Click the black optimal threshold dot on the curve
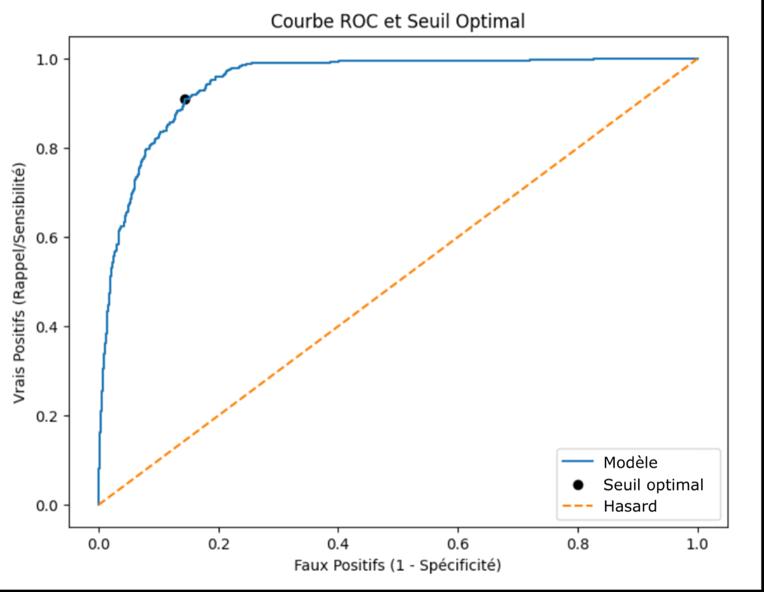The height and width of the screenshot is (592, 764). pos(185,99)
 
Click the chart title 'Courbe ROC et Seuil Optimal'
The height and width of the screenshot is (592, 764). pos(398,22)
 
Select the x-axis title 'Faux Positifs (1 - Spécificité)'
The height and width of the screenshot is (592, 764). pos(398,565)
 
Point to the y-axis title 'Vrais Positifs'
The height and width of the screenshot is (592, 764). pos(19,356)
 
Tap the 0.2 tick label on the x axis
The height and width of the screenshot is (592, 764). pos(218,544)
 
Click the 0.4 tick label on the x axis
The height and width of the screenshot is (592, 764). pos(338,544)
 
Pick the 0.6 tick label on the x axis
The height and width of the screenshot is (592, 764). pos(458,544)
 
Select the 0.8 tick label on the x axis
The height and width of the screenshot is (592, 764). pos(578,544)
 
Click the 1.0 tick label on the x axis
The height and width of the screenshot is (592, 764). pos(698,544)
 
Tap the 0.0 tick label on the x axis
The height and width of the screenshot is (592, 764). pos(99,544)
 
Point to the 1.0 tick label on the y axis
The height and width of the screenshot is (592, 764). pos(46,60)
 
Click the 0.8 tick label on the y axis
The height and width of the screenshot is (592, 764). pos(46,149)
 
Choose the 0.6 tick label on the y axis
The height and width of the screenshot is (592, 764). pos(46,238)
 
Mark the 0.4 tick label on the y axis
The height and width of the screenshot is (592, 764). pos(46,328)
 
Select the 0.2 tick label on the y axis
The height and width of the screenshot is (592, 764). pos(46,417)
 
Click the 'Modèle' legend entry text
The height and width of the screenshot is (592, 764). pos(630,463)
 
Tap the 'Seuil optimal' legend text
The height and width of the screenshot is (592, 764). pos(653,485)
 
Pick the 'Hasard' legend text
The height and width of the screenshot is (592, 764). pos(630,507)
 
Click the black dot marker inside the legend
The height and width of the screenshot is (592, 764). pos(578,486)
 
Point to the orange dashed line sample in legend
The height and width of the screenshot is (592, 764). pos(578,507)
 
